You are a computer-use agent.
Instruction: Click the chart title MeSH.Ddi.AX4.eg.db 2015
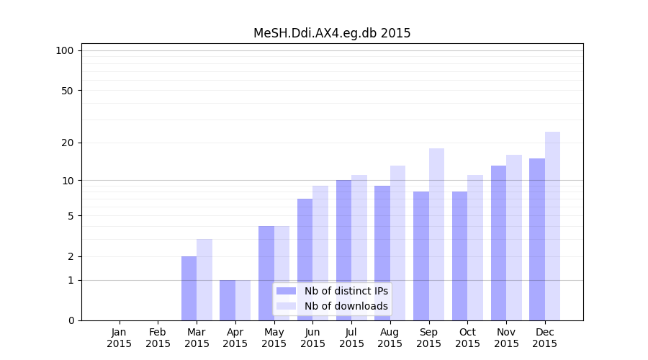click(x=332, y=33)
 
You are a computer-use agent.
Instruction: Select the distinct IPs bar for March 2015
click(x=189, y=288)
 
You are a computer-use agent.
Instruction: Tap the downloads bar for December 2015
click(x=552, y=226)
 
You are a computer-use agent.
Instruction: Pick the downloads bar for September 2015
click(x=436, y=234)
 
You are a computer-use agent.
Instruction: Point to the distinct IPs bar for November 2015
click(x=498, y=243)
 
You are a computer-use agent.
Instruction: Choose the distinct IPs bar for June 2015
click(x=305, y=259)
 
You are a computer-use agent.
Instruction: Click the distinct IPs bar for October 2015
click(x=459, y=256)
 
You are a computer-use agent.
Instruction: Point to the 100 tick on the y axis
click(x=65, y=50)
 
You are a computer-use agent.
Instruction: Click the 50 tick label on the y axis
click(x=67, y=91)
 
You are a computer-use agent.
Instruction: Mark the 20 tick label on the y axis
click(x=67, y=143)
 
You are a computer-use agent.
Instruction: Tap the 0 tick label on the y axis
click(x=71, y=320)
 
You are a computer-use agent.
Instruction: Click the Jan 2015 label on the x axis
click(x=120, y=338)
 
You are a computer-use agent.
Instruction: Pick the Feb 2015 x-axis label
click(x=158, y=338)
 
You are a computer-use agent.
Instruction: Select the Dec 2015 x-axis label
click(x=545, y=338)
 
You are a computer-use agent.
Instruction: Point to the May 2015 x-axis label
click(x=274, y=338)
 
